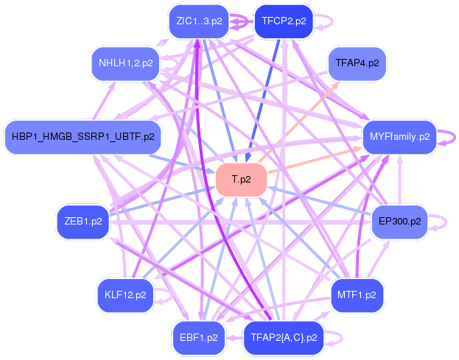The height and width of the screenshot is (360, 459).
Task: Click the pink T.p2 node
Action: pyautogui.click(x=241, y=180)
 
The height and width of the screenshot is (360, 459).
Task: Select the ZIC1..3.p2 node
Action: pyautogui.click(x=195, y=21)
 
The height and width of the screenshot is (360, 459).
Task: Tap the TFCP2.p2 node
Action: pyautogui.click(x=284, y=21)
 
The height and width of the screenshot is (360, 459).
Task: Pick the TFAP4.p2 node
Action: pyautogui.click(x=357, y=63)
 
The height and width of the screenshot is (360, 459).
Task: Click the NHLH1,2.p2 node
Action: pyautogui.click(x=126, y=63)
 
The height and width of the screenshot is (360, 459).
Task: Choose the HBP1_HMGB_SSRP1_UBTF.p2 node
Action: pyautogui.click(x=83, y=136)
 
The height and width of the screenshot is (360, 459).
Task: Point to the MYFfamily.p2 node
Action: pyautogui.click(x=399, y=136)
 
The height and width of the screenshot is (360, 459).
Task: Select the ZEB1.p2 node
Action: pyautogui.click(x=83, y=222)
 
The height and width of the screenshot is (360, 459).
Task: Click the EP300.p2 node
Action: pyautogui.click(x=399, y=221)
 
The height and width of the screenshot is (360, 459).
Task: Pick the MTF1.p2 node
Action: pyautogui.click(x=357, y=295)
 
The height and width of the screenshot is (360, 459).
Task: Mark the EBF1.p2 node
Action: pyautogui.click(x=198, y=338)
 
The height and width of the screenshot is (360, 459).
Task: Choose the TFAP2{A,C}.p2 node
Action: pyautogui.click(x=284, y=338)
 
